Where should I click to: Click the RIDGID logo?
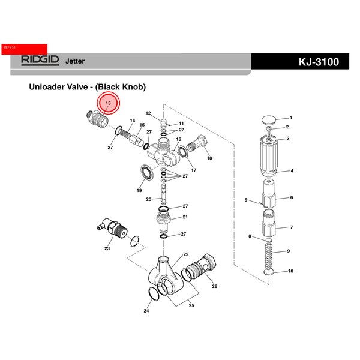pyautogui.click(x=41, y=60)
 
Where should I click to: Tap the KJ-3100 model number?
pyautogui.click(x=317, y=62)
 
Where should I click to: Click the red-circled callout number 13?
pyautogui.click(x=109, y=104)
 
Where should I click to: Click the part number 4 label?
pyautogui.click(x=292, y=171)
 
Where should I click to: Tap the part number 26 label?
pyautogui.click(x=214, y=287)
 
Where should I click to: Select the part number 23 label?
pyautogui.click(x=107, y=248)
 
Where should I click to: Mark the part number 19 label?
pyautogui.click(x=139, y=190)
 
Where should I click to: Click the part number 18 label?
pyautogui.click(x=209, y=158)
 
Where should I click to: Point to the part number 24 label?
pyautogui.click(x=146, y=311)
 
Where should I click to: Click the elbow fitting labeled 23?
pyautogui.click(x=113, y=229)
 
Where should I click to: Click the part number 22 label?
pyautogui.click(x=186, y=254)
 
